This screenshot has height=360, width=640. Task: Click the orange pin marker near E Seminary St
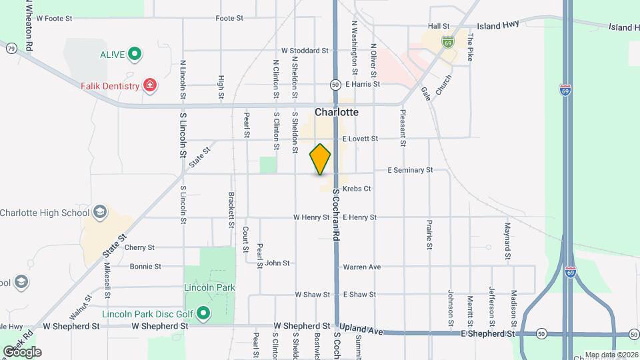click(320, 159)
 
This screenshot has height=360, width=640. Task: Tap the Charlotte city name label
click(337, 112)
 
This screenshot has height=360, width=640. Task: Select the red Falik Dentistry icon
click(151, 85)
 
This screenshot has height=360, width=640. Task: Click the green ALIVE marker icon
click(135, 53)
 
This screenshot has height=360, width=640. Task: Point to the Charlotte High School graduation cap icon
click(100, 212)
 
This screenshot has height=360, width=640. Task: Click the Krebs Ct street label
click(358, 189)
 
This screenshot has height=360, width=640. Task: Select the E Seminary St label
click(410, 170)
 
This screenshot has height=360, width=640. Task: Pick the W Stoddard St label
click(305, 50)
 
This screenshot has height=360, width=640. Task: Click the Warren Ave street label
click(362, 267)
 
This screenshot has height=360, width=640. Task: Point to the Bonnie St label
click(145, 266)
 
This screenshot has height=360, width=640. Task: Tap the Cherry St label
click(139, 247)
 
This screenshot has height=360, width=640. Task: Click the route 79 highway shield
click(11, 48)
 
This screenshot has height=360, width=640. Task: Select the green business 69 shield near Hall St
click(447, 42)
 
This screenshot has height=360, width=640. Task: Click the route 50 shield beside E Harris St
click(335, 85)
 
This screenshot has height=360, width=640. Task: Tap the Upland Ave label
click(361, 331)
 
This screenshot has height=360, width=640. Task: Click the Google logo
click(22, 351)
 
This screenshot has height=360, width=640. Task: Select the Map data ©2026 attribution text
click(611, 355)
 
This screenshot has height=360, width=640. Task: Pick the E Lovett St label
click(360, 139)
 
